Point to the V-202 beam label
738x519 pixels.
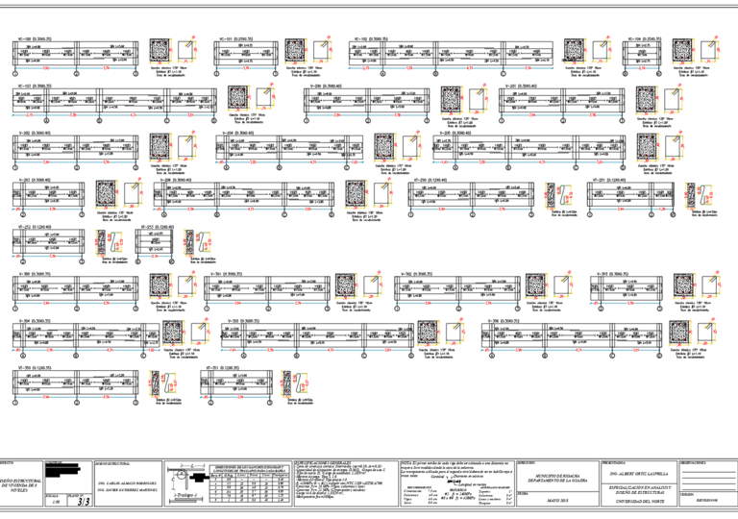click(34, 133)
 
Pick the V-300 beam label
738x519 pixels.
click(34, 274)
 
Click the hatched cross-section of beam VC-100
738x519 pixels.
click(161, 53)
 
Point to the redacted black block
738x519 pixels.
click(66, 470)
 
